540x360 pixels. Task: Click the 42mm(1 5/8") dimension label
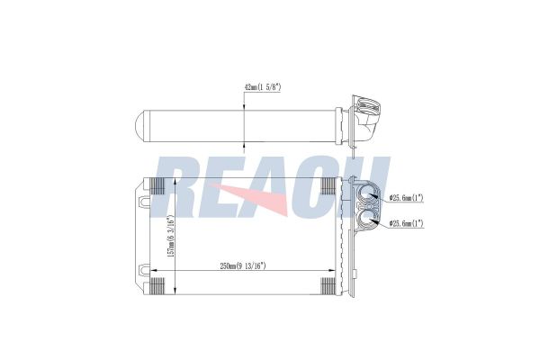tap(264, 87)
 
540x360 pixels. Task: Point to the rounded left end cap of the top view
tap(139, 123)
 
